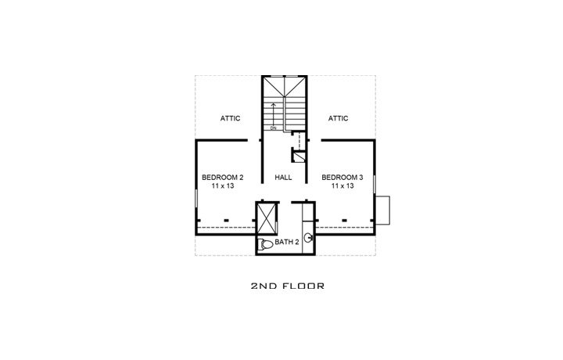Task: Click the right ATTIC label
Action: coord(338,118)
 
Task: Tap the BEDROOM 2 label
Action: coord(221,178)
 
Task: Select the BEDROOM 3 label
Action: coord(341,178)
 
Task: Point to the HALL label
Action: coord(283,178)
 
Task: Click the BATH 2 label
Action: coord(287,243)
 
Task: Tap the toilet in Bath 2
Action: coord(265,244)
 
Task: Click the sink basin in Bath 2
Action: coord(310,238)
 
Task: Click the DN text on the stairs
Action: coord(274,128)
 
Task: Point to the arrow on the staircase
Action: coord(274,110)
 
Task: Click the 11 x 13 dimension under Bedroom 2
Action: coord(221,187)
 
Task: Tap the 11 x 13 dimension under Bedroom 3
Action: coord(341,187)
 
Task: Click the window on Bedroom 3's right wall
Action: coord(375,185)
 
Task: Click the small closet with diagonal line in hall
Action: coord(298,156)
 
